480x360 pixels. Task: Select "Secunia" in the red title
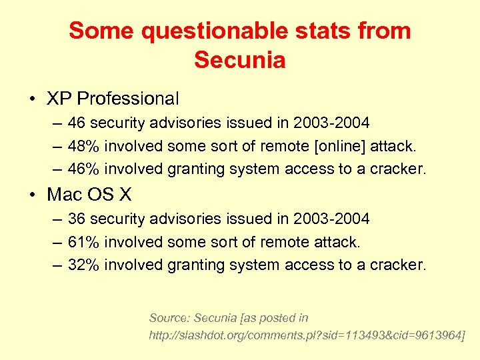pos(240,60)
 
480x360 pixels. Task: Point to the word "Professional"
pos(128,99)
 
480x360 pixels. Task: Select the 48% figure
pos(83,146)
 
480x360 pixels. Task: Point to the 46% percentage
pos(83,169)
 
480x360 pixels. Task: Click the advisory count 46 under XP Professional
pos(77,123)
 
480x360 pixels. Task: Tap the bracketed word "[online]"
pos(319,146)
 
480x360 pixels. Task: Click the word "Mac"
pos(64,195)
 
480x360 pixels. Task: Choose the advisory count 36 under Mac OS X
pos(77,219)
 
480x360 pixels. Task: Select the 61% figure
pos(83,242)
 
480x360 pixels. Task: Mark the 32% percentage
pos(83,265)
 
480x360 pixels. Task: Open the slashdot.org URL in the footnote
pos(307,334)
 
